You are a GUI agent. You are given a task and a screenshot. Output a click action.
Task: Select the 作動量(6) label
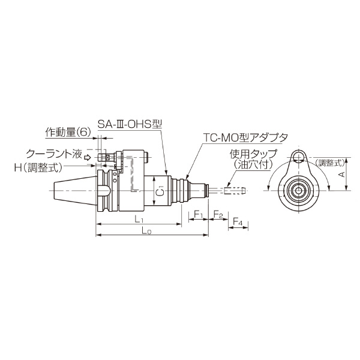point(67,131)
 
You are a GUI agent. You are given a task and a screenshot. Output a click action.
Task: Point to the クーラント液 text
point(53,154)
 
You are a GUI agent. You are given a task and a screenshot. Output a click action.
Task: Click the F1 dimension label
point(199,214)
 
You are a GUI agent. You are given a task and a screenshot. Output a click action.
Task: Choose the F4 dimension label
point(238,223)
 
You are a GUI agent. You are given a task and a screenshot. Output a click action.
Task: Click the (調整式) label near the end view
point(329,162)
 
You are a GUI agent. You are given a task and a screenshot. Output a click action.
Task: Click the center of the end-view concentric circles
point(298,190)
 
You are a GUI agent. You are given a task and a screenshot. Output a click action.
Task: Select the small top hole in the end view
point(298,158)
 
